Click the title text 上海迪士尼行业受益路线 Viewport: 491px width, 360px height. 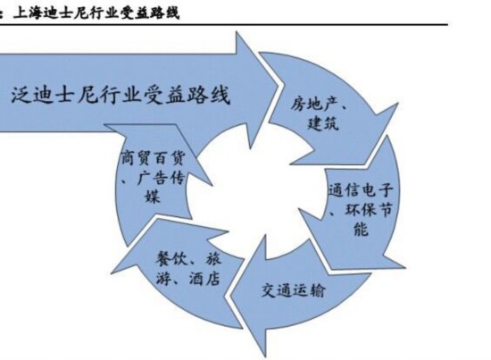click(96, 13)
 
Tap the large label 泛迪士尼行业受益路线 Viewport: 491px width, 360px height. click(121, 95)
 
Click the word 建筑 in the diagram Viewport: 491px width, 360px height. click(323, 122)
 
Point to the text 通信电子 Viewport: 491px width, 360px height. click(361, 190)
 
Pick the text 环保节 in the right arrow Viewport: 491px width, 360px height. click(369, 209)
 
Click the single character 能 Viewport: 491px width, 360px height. click(361, 228)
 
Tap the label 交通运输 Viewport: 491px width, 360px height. click(294, 290)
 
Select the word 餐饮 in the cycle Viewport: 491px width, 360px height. click(171, 259)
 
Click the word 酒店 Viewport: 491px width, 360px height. click(204, 278)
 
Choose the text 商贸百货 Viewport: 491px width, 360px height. click(154, 158)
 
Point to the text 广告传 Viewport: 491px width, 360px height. click(161, 178)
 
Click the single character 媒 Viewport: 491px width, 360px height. click(153, 197)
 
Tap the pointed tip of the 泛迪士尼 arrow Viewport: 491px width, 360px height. click(278, 85)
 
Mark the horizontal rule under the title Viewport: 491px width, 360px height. click(224, 24)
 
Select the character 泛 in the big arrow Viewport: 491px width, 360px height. click(21, 95)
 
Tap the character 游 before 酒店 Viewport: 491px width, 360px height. click(163, 278)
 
